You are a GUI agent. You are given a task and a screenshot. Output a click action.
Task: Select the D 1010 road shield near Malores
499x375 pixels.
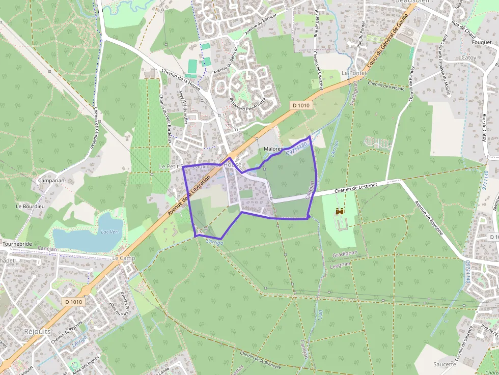[x=301, y=105]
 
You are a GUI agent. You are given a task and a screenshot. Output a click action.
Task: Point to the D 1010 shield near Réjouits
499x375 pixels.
[x=73, y=302]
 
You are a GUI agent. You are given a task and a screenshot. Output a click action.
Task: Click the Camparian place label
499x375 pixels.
[x=50, y=181]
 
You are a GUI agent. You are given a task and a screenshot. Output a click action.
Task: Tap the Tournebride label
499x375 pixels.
[x=17, y=244]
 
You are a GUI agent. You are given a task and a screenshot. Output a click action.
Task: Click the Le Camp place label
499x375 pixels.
[x=123, y=258]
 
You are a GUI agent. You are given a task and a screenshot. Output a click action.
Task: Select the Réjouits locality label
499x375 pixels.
[x=38, y=331]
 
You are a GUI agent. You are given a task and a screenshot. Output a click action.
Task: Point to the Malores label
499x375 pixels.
[x=273, y=149]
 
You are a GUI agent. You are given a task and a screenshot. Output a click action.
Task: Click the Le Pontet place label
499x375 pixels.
[x=354, y=73]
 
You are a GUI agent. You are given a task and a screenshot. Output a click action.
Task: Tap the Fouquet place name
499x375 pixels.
[x=482, y=43]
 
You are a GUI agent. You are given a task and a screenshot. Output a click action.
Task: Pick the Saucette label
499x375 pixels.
[x=445, y=364]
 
